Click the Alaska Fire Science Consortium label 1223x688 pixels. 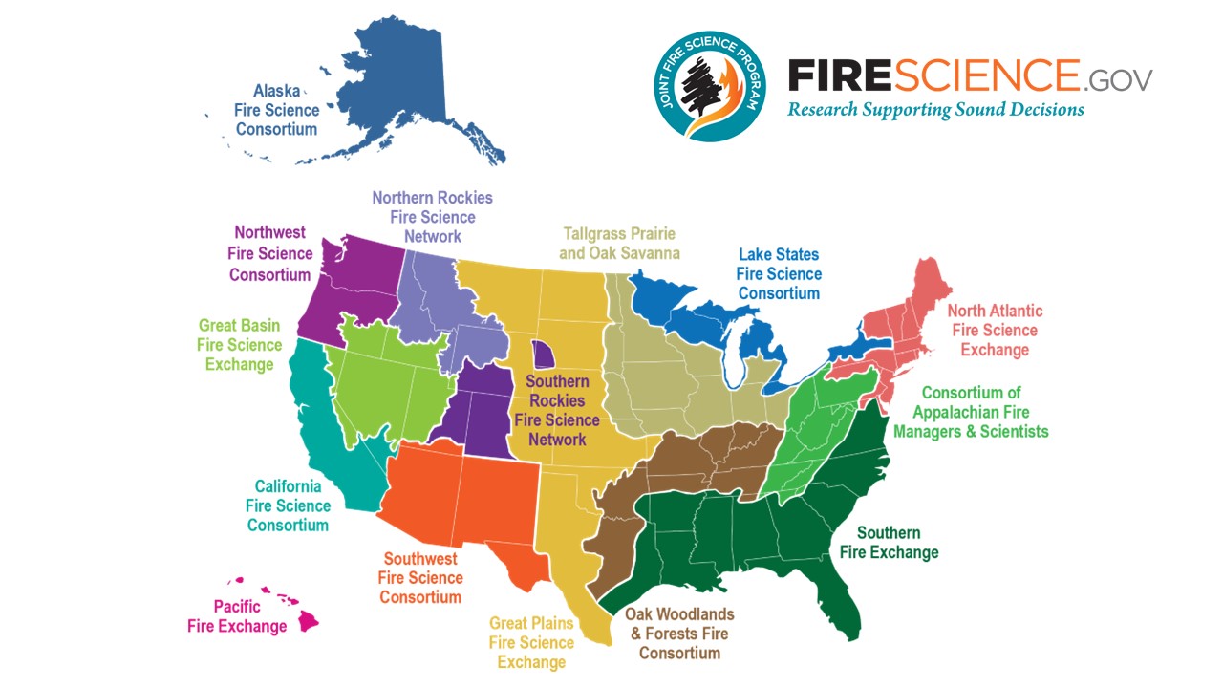pyautogui.click(x=276, y=110)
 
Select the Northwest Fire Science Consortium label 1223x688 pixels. pyautogui.click(x=271, y=253)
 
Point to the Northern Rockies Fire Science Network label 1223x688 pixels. pyautogui.click(x=432, y=217)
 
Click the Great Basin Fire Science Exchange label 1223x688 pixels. pyautogui.click(x=240, y=345)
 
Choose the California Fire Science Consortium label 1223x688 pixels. pyautogui.click(x=289, y=505)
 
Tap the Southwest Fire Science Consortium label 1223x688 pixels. pyautogui.click(x=420, y=578)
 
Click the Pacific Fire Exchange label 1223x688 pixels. pyautogui.click(x=237, y=616)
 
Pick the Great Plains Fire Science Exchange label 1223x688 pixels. pyautogui.click(x=532, y=642)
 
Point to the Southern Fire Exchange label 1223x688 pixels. pyautogui.click(x=889, y=543)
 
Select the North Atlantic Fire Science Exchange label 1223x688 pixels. pyautogui.click(x=995, y=330)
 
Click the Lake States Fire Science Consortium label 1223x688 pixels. pyautogui.click(x=778, y=274)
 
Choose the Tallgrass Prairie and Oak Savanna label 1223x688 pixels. pyautogui.click(x=620, y=243)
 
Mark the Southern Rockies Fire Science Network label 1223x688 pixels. pyautogui.click(x=557, y=411)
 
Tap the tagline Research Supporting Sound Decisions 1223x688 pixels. pyautogui.click(x=935, y=109)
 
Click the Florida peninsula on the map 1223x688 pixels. pyautogui.click(x=841, y=583)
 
